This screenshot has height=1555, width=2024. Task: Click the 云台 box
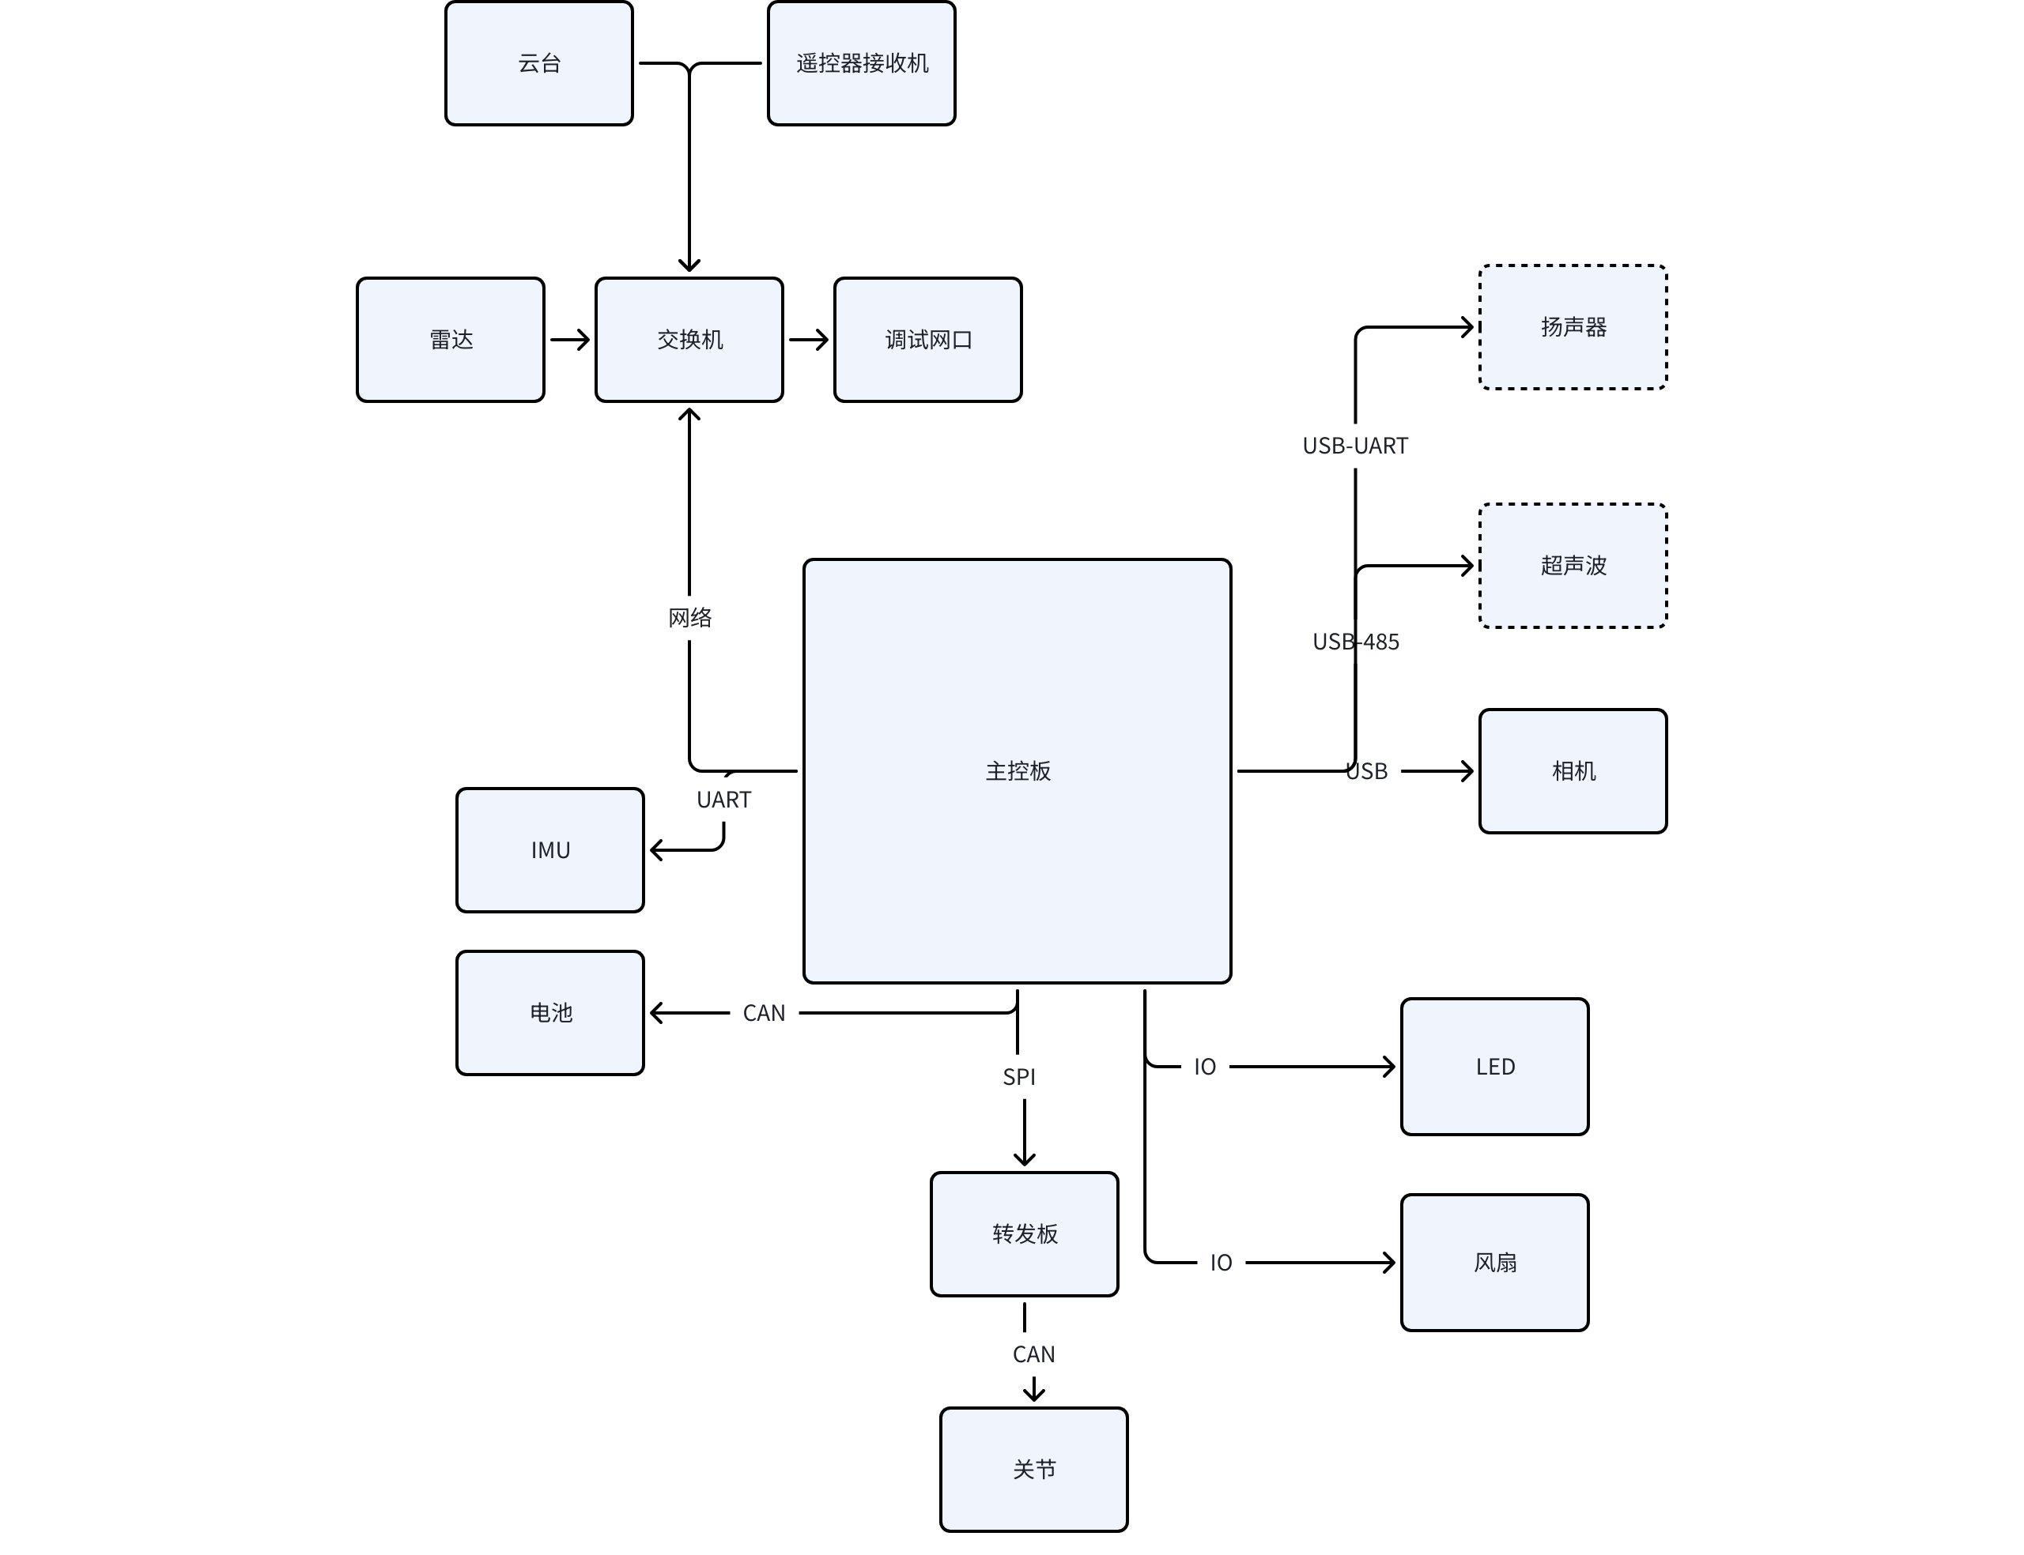[x=539, y=63]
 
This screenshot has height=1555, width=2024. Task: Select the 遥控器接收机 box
[x=861, y=63]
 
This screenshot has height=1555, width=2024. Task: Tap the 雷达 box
[x=450, y=340]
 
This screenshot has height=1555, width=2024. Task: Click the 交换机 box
[x=689, y=340]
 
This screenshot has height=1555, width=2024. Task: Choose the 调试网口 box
[x=927, y=340]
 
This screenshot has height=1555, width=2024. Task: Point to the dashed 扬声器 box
[x=1573, y=327]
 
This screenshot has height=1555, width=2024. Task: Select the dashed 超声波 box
[x=1573, y=566]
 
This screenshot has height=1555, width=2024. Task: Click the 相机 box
[x=1573, y=771]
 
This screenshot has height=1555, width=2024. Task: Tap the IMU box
[x=550, y=849]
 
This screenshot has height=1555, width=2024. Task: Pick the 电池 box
[x=550, y=1013]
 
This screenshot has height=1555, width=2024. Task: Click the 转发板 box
[x=1024, y=1234]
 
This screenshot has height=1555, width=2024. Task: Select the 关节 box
[x=1033, y=1469]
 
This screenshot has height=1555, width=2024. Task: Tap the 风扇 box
[x=1494, y=1263]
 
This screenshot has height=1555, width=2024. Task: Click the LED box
[x=1494, y=1066]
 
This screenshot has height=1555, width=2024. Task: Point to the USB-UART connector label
[x=1354, y=446]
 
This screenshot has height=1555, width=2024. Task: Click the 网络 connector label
[x=689, y=617]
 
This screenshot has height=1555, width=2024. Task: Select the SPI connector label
[x=1018, y=1076]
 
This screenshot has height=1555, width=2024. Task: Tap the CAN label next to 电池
[x=764, y=1014]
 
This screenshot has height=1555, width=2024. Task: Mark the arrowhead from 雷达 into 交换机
[x=583, y=340]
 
